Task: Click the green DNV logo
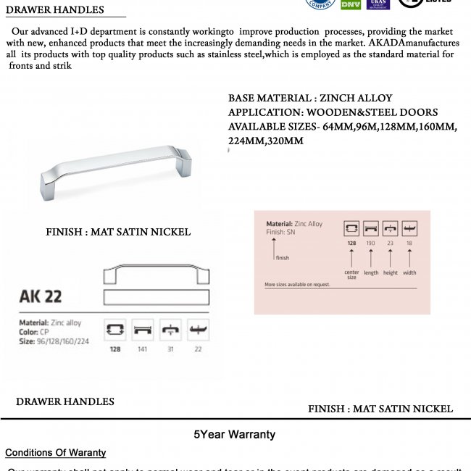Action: click(x=351, y=4)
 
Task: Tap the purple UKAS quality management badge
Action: click(x=378, y=4)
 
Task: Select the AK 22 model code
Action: click(x=41, y=296)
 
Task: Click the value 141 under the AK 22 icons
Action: click(x=143, y=349)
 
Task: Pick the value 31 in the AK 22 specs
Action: click(x=170, y=349)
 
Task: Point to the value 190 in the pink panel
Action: click(x=371, y=243)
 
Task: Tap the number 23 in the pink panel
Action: click(x=391, y=243)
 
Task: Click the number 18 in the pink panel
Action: click(x=410, y=243)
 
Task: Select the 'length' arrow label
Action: click(x=371, y=273)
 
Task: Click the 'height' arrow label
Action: click(x=391, y=273)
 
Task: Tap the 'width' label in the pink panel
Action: click(x=410, y=273)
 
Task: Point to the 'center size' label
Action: click(x=351, y=275)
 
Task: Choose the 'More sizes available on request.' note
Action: click(x=297, y=285)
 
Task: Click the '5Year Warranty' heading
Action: click(x=234, y=435)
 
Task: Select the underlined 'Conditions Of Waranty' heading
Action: click(x=55, y=453)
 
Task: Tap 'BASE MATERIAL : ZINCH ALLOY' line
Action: click(x=310, y=98)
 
